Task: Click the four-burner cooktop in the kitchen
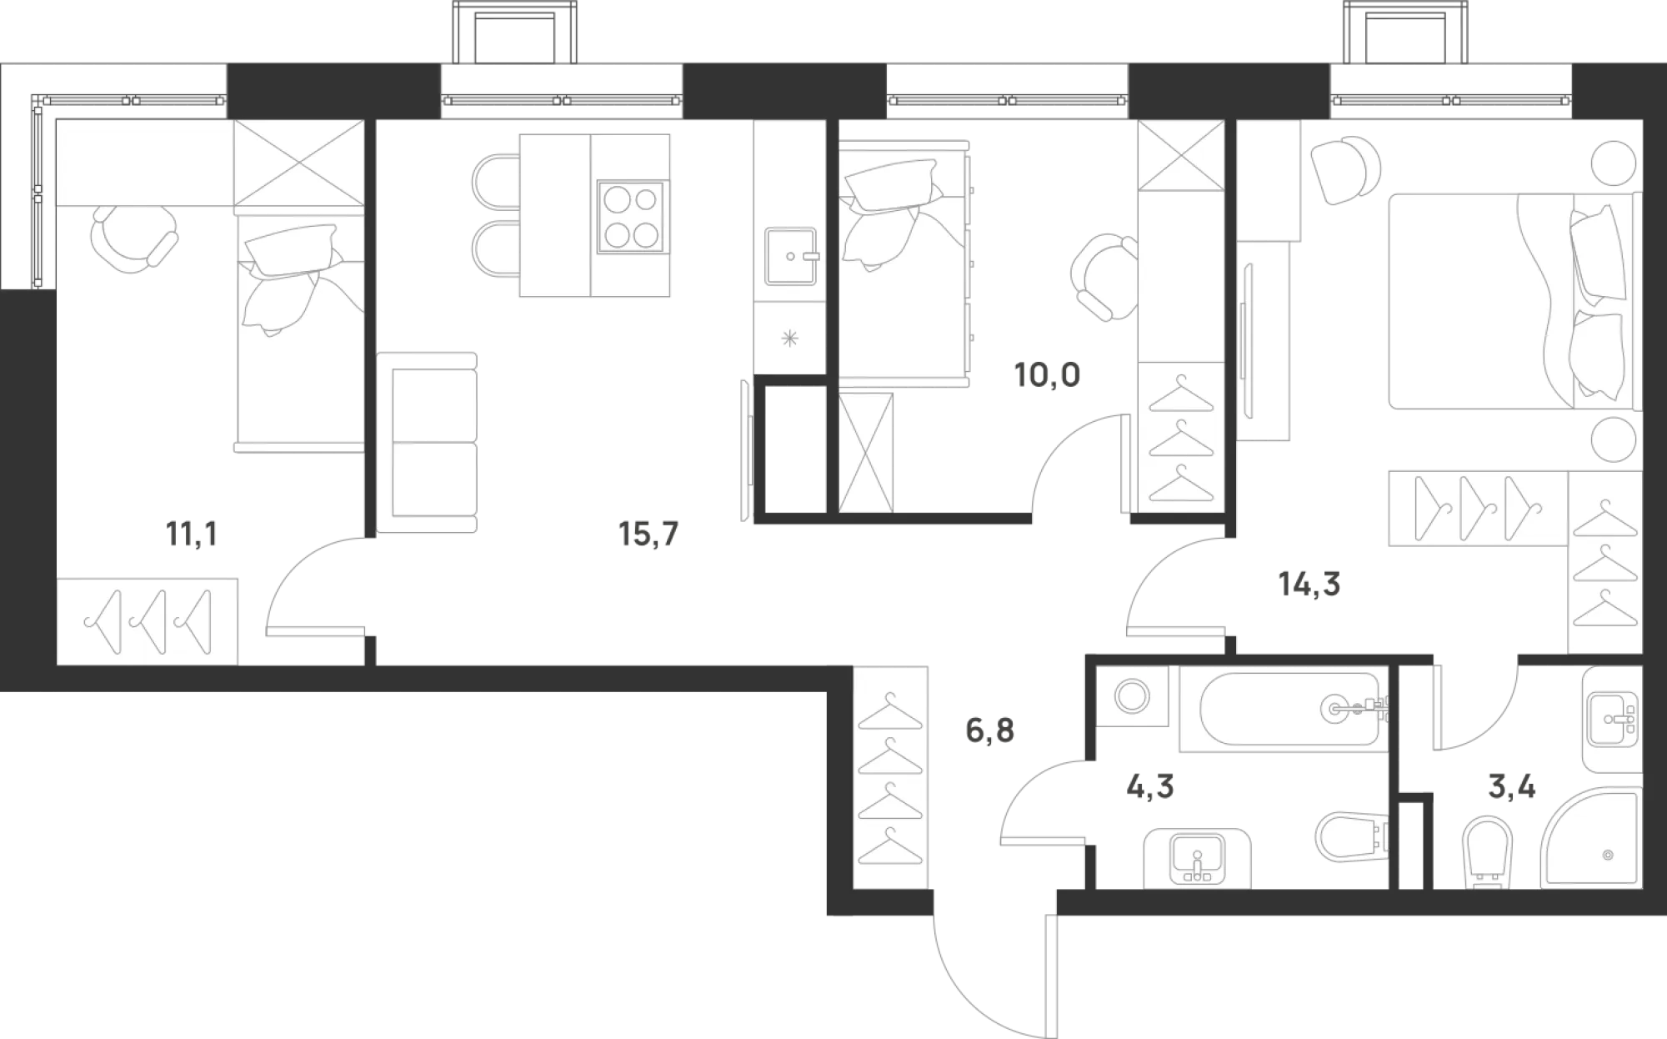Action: (x=631, y=215)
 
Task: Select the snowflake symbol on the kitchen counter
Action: (x=788, y=339)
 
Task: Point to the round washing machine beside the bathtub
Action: (x=1133, y=695)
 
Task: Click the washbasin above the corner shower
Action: (x=1611, y=719)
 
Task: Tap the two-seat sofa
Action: (x=427, y=442)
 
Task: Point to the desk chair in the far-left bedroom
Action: (x=133, y=238)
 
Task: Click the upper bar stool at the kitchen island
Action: (x=497, y=178)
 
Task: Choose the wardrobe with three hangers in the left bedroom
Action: (x=148, y=620)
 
